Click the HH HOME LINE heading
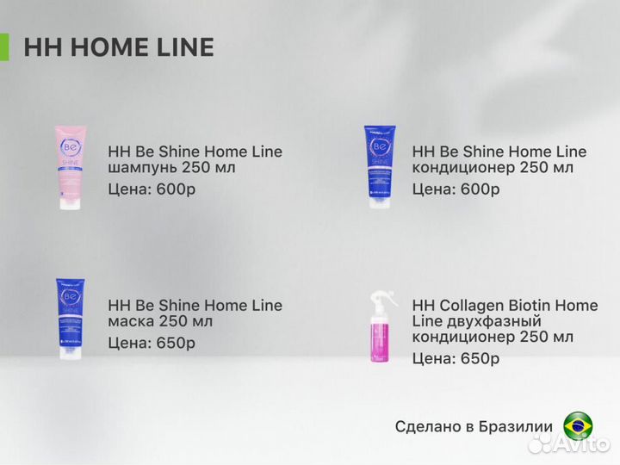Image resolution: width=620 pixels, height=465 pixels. click(x=119, y=46)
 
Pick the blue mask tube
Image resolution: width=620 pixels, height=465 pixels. click(x=70, y=318)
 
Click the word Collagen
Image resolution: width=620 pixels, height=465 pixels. click(x=474, y=305)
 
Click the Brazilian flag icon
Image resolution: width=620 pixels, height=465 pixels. click(x=578, y=426)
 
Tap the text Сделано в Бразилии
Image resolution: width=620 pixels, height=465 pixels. click(x=474, y=426)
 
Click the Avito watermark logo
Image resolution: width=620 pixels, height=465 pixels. click(x=568, y=444)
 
